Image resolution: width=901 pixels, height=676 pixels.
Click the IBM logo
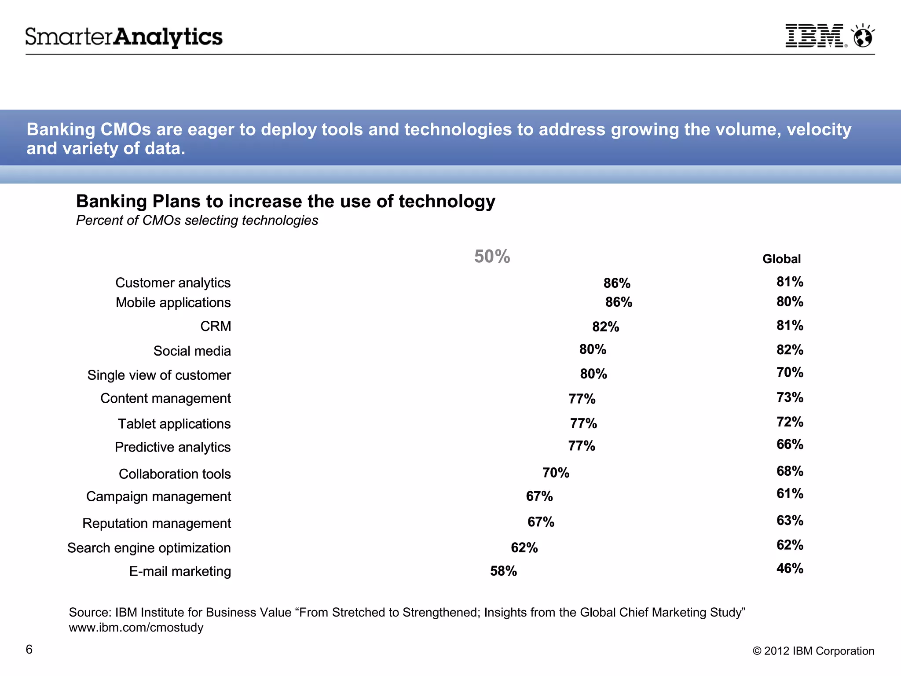point(815,36)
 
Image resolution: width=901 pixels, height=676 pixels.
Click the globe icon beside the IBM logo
point(863,36)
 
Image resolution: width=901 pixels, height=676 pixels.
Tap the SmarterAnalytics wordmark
point(124,37)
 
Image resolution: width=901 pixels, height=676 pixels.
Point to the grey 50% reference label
point(492,256)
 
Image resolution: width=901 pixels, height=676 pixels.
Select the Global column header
point(781,259)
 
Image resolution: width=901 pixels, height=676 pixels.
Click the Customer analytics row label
point(173,283)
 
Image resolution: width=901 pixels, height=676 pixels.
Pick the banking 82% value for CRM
point(605,327)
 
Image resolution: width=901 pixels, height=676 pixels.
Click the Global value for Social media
point(790,349)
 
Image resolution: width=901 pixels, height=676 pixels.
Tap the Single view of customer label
point(159,375)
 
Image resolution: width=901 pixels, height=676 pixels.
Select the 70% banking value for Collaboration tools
point(556,473)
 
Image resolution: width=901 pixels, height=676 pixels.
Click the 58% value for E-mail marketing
point(503,571)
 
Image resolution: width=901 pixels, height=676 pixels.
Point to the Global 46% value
point(790,568)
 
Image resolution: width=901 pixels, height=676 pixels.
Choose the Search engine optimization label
point(149,548)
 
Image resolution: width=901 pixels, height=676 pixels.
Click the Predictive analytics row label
point(172,447)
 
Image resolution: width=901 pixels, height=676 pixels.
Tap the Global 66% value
point(790,444)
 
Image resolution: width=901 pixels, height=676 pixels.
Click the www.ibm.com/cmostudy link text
point(136,627)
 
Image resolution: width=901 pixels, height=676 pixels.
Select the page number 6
point(29,649)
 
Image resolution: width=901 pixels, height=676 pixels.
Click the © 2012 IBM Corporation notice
point(813,651)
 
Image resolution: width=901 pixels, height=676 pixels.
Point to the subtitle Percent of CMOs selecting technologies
point(197,220)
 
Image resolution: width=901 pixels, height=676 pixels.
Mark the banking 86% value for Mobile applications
point(619,302)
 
